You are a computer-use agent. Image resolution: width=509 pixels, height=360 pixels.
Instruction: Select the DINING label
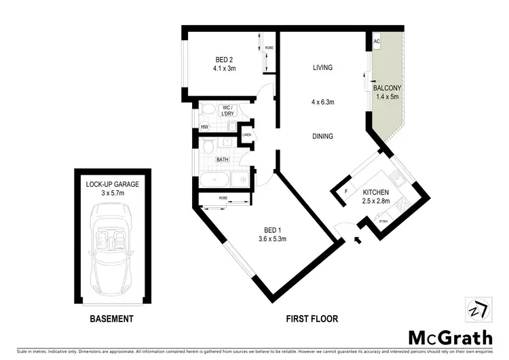[323, 136]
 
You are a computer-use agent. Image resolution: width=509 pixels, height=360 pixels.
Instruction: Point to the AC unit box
[377, 41]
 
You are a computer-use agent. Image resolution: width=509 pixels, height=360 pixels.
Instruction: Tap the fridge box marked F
[346, 192]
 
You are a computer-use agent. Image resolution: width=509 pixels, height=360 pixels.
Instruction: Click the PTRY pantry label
[383, 221]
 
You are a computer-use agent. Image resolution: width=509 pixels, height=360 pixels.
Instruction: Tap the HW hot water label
[204, 127]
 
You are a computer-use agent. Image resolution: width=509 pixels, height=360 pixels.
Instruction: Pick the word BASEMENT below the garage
[112, 319]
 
